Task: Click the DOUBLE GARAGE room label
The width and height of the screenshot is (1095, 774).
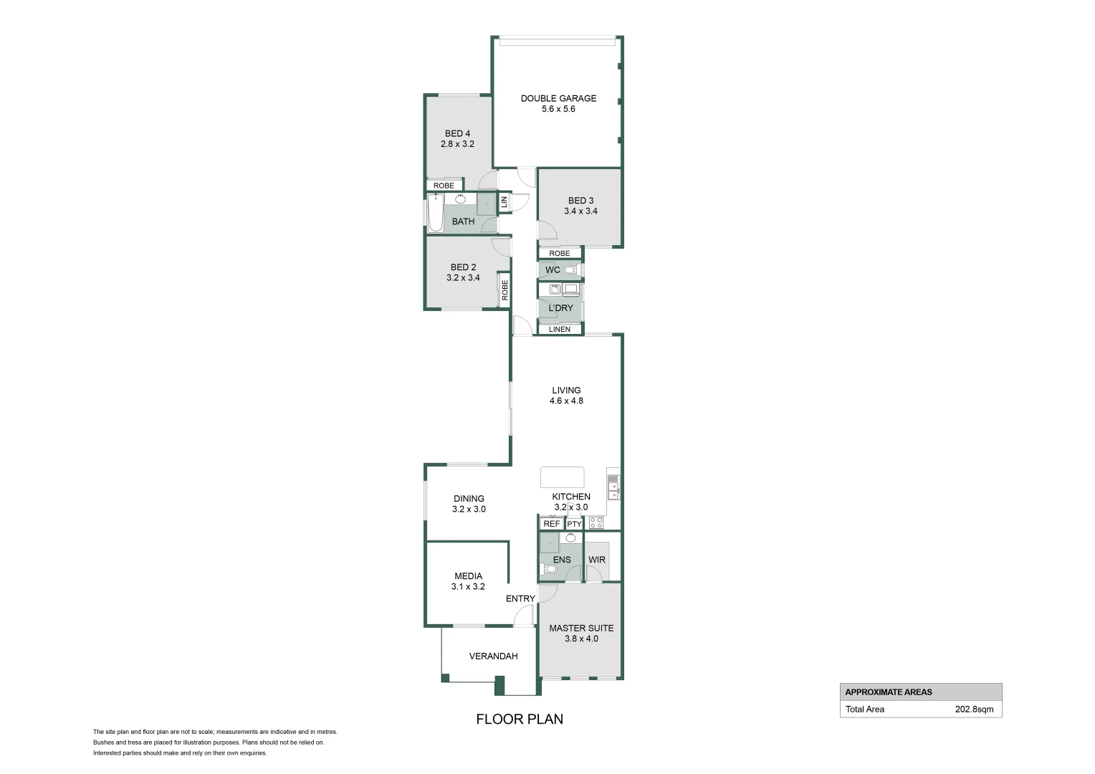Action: (558, 98)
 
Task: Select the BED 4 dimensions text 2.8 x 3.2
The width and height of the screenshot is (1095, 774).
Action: (457, 144)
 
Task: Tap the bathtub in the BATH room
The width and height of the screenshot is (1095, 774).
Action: (435, 213)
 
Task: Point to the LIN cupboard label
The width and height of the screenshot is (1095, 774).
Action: (504, 202)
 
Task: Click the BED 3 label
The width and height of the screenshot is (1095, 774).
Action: (580, 201)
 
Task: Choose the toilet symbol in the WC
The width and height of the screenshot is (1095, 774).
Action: (570, 270)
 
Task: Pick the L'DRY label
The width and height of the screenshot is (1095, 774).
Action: (560, 308)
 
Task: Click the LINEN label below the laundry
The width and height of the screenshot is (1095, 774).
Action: (560, 330)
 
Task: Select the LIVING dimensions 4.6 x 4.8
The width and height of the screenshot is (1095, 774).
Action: (566, 401)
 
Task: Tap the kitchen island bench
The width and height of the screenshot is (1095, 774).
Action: (562, 477)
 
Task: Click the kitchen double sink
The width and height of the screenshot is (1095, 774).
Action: (613, 490)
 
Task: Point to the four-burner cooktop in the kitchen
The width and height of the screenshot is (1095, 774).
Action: (596, 523)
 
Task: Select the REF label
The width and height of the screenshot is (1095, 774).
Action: (551, 524)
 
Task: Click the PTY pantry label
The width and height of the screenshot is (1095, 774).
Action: (574, 524)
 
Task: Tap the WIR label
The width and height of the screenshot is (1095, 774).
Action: (597, 560)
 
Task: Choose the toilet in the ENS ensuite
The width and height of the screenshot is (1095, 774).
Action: (550, 569)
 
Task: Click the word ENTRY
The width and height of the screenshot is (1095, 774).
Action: (520, 598)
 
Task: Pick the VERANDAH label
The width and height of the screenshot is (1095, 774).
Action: (493, 656)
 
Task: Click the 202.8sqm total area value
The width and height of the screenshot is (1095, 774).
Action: (974, 709)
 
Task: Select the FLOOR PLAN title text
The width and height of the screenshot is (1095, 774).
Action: (520, 719)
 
